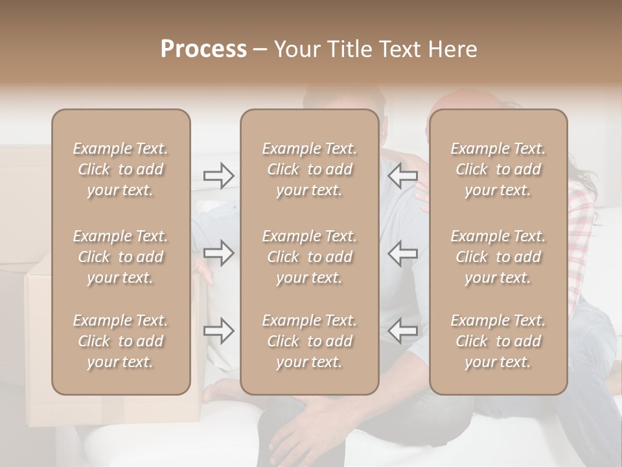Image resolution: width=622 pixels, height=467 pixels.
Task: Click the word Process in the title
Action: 203,49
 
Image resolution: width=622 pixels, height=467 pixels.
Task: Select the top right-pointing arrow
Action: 219,176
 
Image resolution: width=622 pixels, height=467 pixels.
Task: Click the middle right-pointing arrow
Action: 219,253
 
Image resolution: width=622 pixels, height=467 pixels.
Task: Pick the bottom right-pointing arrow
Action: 219,331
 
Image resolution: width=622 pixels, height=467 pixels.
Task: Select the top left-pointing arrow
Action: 402,176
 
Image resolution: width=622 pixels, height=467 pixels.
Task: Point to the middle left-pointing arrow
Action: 402,253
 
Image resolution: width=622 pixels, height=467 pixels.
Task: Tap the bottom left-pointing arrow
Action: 402,331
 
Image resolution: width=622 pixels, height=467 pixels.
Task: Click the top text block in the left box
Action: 121,169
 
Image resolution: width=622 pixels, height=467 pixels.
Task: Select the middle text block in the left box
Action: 121,257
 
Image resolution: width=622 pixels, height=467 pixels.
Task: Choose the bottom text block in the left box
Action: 121,341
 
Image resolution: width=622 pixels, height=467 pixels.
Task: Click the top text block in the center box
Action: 309,169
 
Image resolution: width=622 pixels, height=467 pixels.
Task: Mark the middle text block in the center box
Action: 309,257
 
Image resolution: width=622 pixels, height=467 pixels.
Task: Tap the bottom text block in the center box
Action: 309,341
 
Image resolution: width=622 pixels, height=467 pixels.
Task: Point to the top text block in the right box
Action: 498,169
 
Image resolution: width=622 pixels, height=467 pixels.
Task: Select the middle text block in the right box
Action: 498,257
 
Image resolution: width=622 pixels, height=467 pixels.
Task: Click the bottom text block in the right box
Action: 498,341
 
